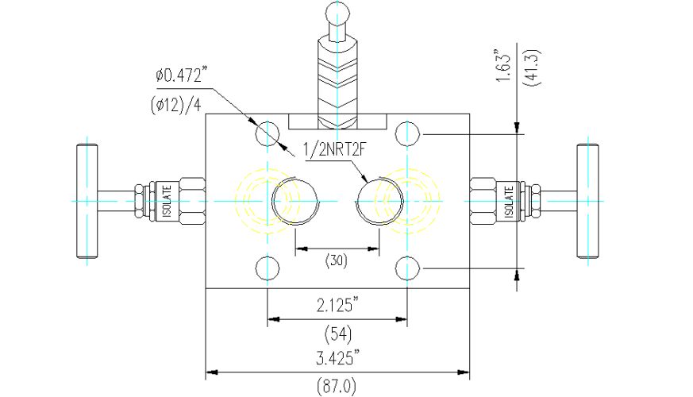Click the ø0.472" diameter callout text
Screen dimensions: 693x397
[x=181, y=75]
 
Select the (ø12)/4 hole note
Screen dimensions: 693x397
[x=175, y=106]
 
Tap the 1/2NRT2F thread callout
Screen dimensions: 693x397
[x=335, y=150]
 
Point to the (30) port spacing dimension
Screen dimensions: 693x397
[x=337, y=260]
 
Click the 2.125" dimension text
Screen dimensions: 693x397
[x=337, y=305]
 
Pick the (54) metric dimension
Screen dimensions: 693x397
[x=337, y=333]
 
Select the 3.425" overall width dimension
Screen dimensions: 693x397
[x=337, y=357]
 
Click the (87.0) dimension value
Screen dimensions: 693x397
[x=337, y=387]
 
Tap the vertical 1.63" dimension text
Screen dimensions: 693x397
[x=503, y=67]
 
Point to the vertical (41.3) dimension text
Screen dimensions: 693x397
[x=532, y=67]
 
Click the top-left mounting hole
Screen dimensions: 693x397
[x=268, y=133]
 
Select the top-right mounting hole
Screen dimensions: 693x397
[x=407, y=133]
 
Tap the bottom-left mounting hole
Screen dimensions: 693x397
[x=268, y=268]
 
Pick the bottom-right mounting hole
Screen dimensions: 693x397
[x=407, y=268]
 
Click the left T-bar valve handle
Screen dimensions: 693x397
[x=87, y=201]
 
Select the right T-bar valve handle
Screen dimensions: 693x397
[x=587, y=201]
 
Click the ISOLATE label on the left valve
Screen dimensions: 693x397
[x=167, y=201]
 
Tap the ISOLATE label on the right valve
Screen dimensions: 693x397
[x=509, y=201]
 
